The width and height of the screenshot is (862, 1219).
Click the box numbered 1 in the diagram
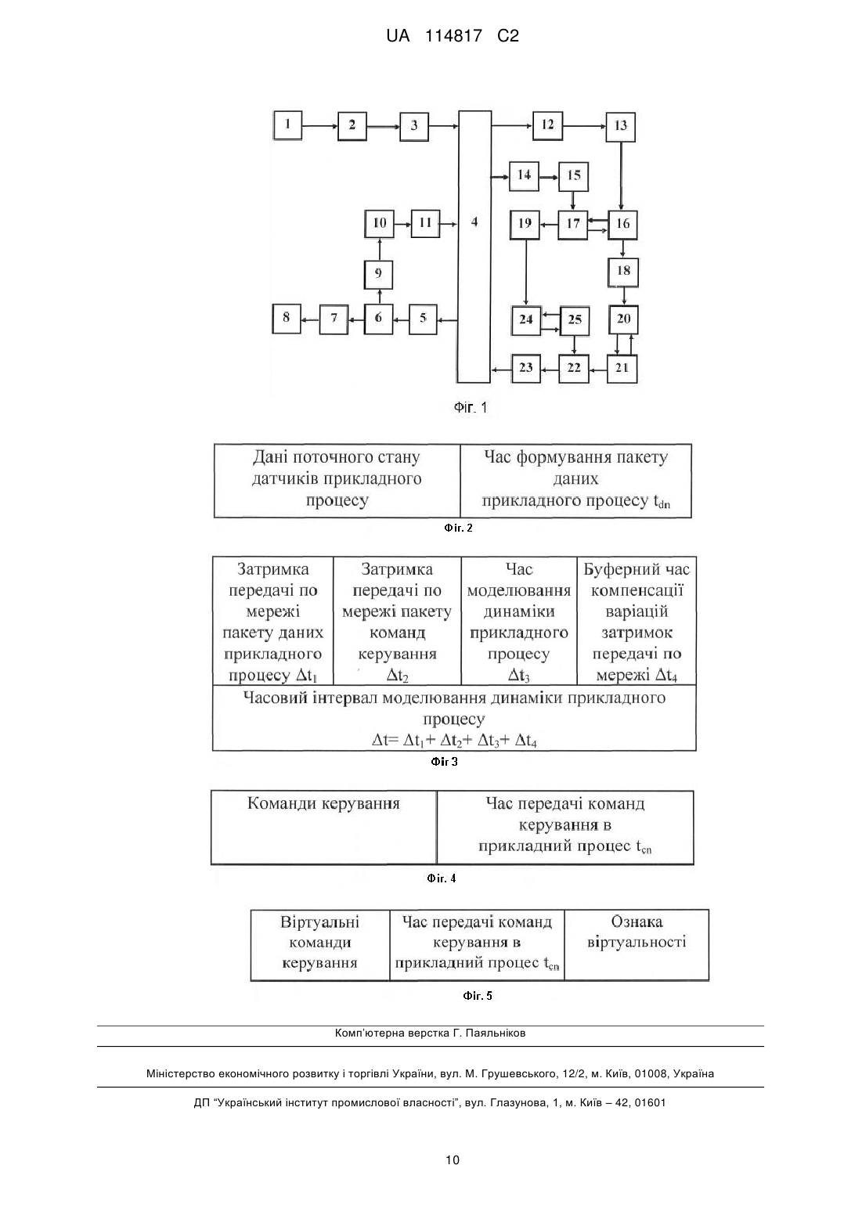(x=287, y=126)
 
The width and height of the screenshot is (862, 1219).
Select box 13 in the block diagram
(x=620, y=126)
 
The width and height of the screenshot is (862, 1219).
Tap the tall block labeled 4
(x=474, y=247)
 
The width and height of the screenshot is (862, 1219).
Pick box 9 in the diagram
(x=378, y=274)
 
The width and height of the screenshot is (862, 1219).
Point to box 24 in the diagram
(x=525, y=320)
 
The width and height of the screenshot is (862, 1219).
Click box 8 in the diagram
(x=287, y=319)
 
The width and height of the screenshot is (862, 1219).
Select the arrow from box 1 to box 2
(x=320, y=126)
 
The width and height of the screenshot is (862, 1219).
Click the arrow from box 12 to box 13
(x=584, y=126)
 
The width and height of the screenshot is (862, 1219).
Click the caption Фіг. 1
(x=471, y=408)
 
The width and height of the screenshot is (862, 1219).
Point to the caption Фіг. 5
(x=478, y=995)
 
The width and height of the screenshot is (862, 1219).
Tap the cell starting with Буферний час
(x=637, y=620)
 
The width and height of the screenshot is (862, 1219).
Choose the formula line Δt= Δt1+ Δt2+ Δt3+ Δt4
(x=454, y=740)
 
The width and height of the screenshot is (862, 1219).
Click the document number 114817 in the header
(x=453, y=36)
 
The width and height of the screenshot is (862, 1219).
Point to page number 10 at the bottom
(x=453, y=1159)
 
